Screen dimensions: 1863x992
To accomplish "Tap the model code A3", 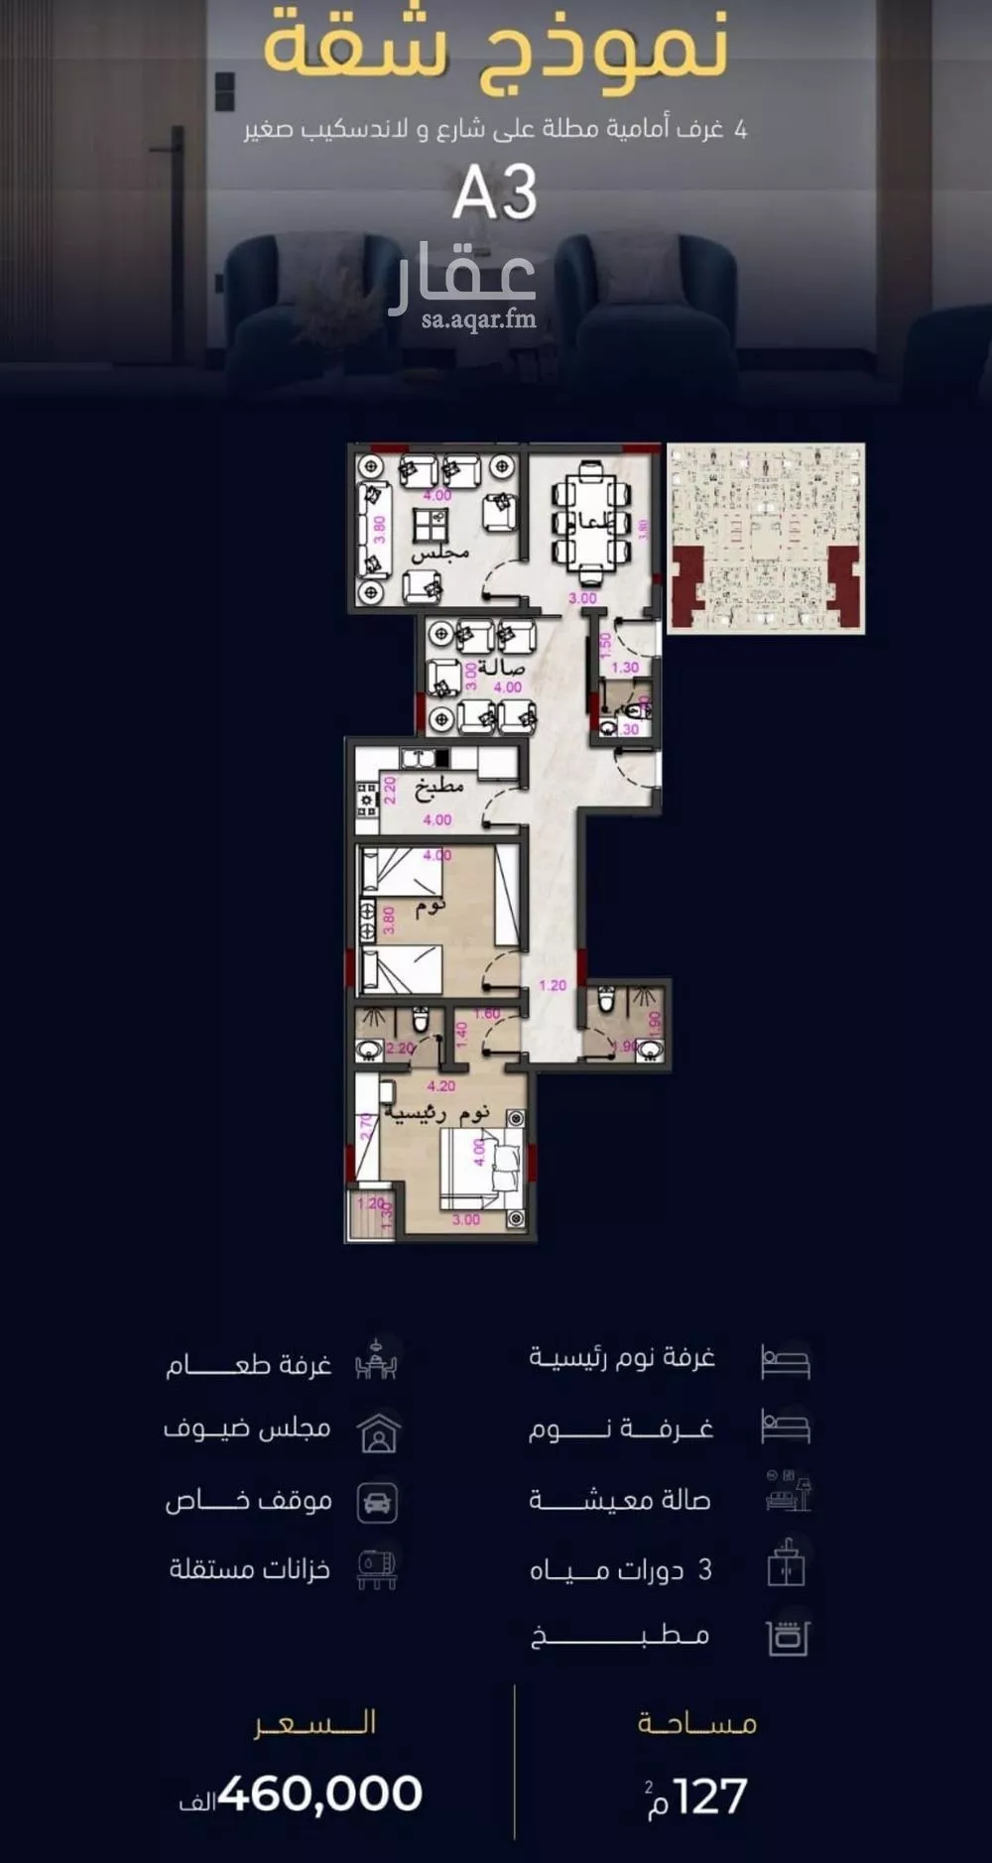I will click(x=494, y=192).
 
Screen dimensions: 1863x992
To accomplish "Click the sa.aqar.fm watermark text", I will click(x=478, y=319).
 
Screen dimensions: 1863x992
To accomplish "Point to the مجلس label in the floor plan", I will click(x=439, y=554).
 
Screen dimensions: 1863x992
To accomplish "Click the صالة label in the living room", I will click(x=501, y=667).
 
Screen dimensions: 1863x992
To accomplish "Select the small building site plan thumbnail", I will click(x=765, y=538).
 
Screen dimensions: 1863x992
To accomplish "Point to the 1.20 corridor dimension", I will click(x=553, y=985).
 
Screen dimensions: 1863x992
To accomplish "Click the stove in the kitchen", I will click(x=367, y=798).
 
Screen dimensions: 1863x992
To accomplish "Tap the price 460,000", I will click(x=319, y=1795).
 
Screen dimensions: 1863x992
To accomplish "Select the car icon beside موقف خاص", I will click(x=377, y=1502).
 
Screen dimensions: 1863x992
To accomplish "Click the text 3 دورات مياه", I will click(x=620, y=1569).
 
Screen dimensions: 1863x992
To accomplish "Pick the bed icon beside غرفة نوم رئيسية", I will click(x=786, y=1361).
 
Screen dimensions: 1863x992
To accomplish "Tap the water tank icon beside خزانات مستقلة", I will click(x=377, y=1569).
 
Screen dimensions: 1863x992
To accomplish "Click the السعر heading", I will click(x=314, y=1723).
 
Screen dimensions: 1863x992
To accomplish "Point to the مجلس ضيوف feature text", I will click(x=247, y=1429).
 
